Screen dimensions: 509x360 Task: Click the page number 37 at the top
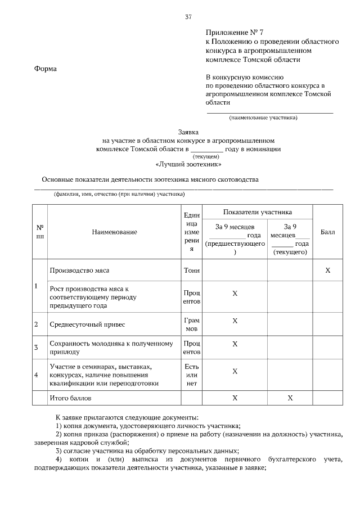188,17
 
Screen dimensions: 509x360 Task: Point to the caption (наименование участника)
263,118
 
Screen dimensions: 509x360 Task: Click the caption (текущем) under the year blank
206,156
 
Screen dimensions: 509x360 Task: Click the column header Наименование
115,232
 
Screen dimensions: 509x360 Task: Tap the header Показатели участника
257,213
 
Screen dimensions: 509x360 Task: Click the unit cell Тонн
191,270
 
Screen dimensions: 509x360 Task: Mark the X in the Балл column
327,271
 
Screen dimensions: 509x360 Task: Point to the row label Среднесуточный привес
87,325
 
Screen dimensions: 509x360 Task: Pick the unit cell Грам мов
191,325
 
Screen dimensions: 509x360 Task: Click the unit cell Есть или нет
191,375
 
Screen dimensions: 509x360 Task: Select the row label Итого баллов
70,398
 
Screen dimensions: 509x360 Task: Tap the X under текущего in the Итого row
290,398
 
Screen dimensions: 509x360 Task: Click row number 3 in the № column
37,347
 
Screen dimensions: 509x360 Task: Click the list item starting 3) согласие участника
147,451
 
